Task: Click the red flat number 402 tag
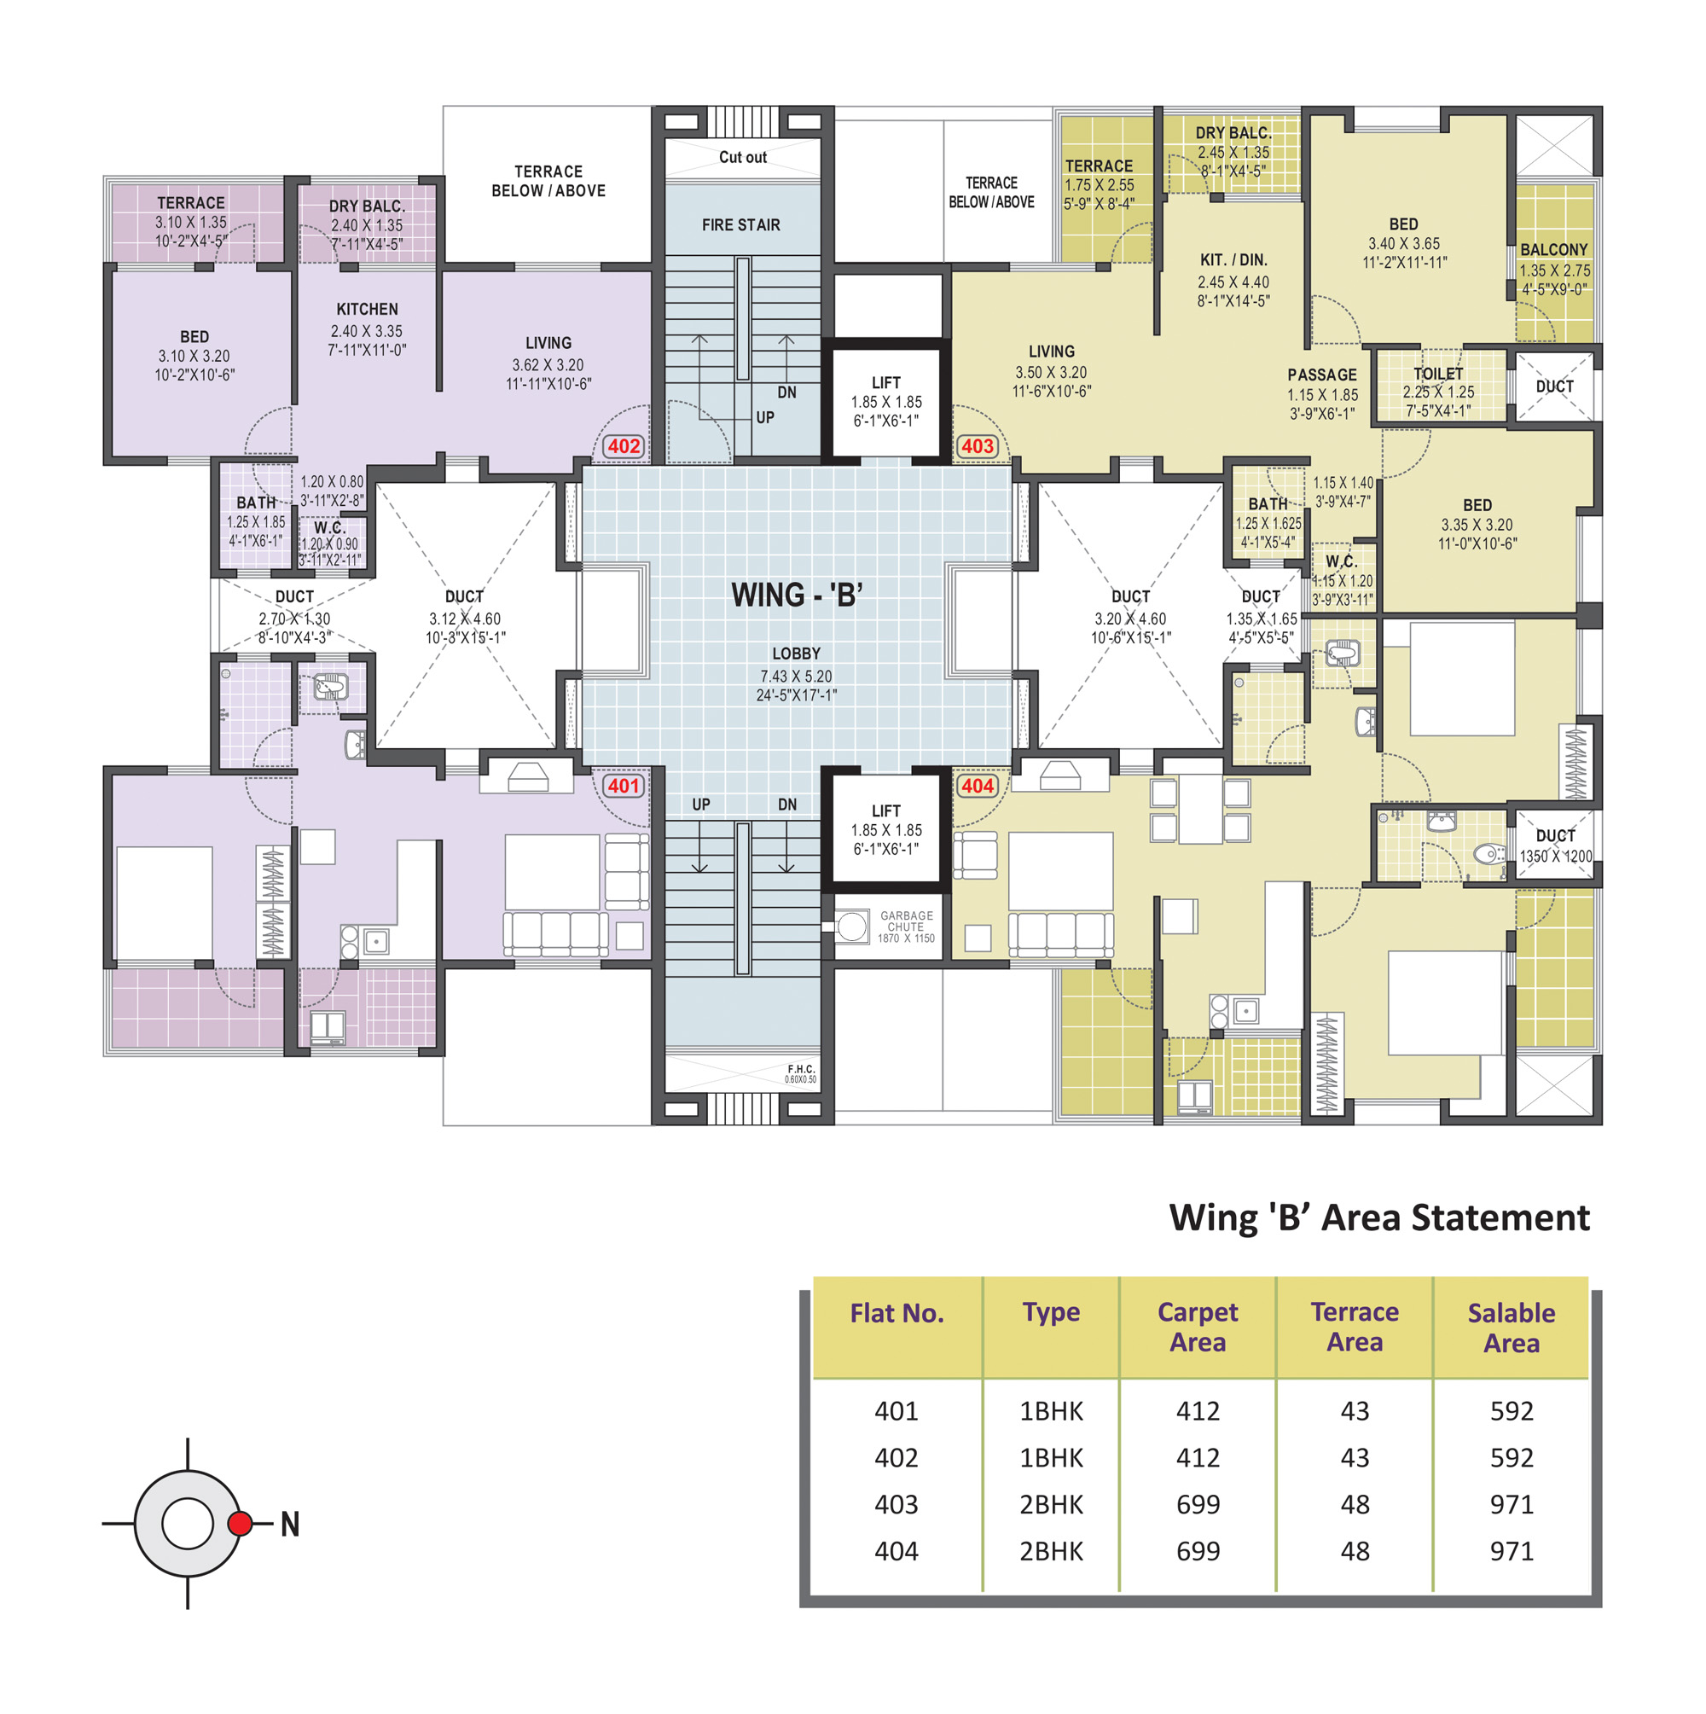tap(623, 446)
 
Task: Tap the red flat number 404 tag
tap(977, 785)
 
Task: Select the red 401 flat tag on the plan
tap(623, 785)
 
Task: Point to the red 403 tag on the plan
tap(977, 446)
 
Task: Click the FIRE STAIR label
tap(740, 225)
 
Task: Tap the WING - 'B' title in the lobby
tap(796, 595)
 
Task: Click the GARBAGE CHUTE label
tap(906, 921)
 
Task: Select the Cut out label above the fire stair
tap(743, 157)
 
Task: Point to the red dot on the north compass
tap(240, 1523)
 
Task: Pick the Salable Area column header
tap(1511, 1328)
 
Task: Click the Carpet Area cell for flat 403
tap(1198, 1504)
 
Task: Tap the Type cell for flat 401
tap(1051, 1410)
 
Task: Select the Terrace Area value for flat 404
tap(1355, 1551)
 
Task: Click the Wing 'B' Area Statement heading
tap(1378, 1217)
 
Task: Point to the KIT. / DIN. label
tap(1233, 260)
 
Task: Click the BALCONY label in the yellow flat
tap(1553, 250)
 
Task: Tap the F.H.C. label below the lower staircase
tap(801, 1069)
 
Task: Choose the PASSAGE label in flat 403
tap(1322, 375)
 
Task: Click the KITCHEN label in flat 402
tap(368, 309)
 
